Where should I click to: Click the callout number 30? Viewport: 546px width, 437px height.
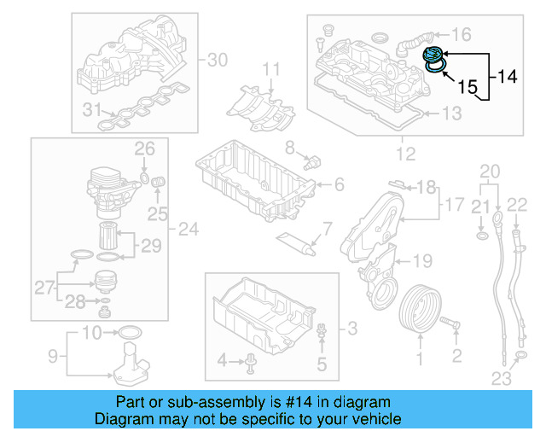pos(218,60)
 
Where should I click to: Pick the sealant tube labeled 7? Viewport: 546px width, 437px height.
pos(298,242)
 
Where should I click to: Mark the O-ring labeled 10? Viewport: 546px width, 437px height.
pos(128,331)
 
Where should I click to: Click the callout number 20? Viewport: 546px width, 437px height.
pos(488,172)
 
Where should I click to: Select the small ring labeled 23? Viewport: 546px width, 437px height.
pos(520,354)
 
